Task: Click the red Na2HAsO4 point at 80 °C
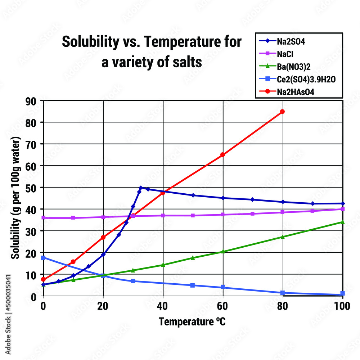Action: pos(283,112)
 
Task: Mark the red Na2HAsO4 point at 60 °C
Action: pos(223,154)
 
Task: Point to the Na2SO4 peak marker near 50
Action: pos(141,188)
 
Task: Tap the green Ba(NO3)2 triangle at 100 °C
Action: pos(342,222)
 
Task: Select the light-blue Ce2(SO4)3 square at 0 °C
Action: pos(44,258)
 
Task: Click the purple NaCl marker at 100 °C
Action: pos(342,209)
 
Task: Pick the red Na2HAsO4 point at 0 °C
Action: pos(44,279)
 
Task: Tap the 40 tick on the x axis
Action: pos(163,306)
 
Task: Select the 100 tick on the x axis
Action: pos(342,306)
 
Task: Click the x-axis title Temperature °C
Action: pos(192,321)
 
